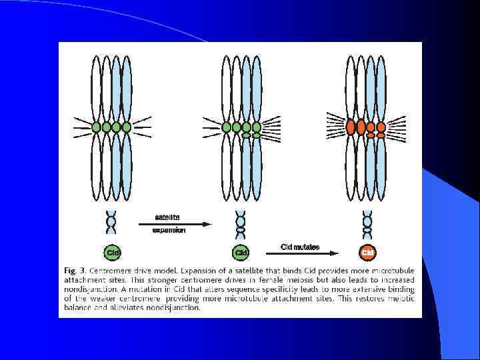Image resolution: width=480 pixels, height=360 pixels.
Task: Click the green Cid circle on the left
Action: point(111,253)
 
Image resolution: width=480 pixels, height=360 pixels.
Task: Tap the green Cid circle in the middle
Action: point(241,253)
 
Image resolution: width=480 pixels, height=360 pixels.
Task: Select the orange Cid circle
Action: point(367,253)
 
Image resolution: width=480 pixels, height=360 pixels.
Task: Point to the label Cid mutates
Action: point(300,247)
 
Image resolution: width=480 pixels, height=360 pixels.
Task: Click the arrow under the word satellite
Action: point(174,225)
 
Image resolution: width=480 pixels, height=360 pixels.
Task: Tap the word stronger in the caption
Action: point(165,281)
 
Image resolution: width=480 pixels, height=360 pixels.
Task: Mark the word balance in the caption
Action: point(79,309)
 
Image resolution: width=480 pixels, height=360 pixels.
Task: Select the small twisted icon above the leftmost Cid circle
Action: point(111,222)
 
